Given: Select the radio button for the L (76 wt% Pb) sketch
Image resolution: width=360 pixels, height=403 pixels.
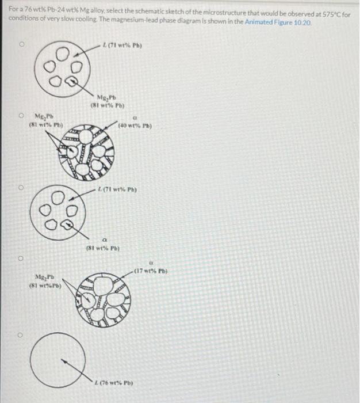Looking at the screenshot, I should pos(24,334).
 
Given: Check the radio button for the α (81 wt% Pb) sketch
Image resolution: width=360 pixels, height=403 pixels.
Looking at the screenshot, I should pos(24,187).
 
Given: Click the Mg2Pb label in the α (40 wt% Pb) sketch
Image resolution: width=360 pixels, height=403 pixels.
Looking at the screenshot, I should pos(45,119).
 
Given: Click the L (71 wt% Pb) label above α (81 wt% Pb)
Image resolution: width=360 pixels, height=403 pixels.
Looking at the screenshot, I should pos(119,189).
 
